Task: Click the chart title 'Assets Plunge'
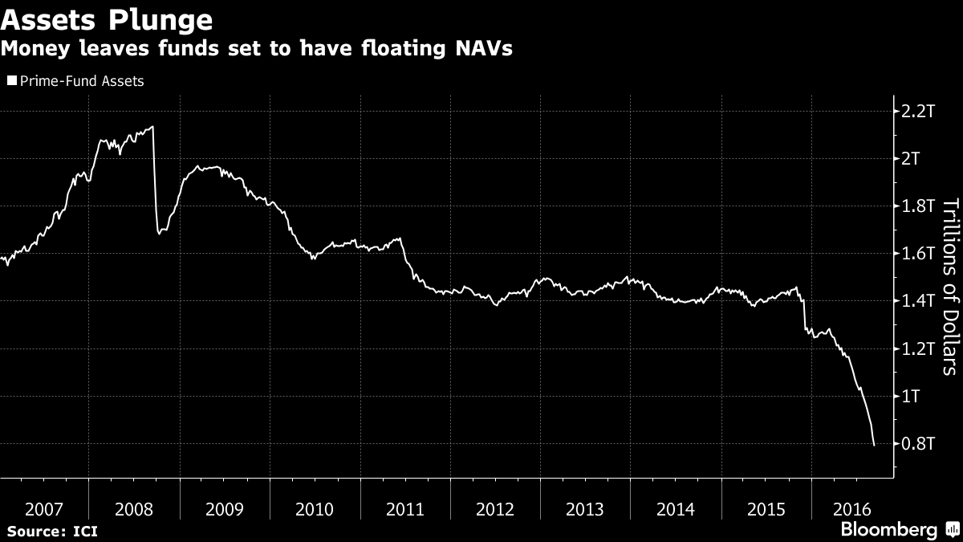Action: pos(107,18)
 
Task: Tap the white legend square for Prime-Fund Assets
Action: pos(11,81)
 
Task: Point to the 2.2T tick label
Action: pos(918,111)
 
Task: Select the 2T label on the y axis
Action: pos(912,158)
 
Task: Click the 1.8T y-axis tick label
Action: pos(918,206)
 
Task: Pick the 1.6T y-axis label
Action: pos(918,254)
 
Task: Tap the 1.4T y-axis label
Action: pos(918,301)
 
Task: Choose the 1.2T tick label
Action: pos(918,349)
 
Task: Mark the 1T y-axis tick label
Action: pos(912,397)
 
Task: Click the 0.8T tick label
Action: pos(918,444)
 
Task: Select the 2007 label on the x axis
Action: pos(43,509)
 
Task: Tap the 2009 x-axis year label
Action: pos(225,509)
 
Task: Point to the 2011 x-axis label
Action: pos(405,509)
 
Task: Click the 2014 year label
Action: pos(676,509)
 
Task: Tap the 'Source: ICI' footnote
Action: pos(52,531)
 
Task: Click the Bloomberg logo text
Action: pos(888,530)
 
